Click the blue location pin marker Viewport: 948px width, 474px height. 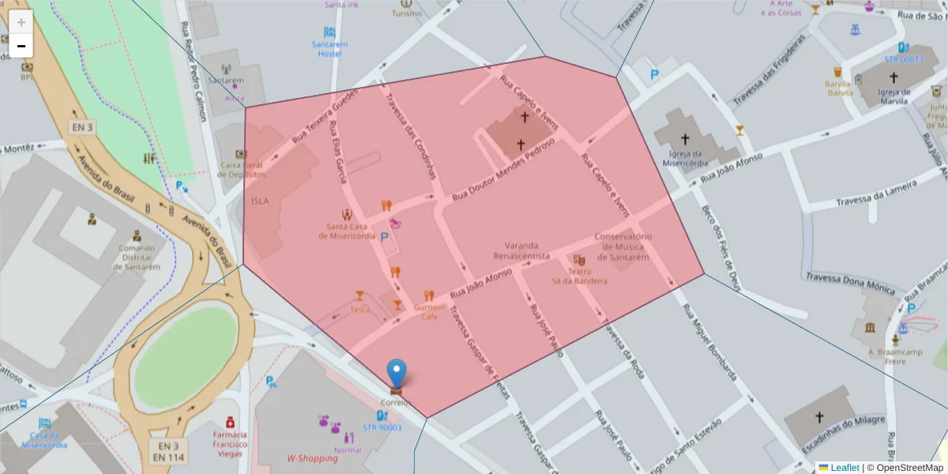point(396,374)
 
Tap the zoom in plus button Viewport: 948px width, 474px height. point(21,21)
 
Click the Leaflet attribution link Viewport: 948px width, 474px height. point(845,468)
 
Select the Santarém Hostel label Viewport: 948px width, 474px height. point(329,49)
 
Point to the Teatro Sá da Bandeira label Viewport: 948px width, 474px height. point(580,276)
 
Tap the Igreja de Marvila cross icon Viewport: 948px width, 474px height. point(893,77)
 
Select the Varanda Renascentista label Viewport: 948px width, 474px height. point(521,250)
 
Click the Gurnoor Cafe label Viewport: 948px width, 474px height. point(429,311)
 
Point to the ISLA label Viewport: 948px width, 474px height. point(260,201)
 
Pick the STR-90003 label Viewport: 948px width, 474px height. point(382,427)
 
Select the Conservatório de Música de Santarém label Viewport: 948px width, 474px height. point(623,246)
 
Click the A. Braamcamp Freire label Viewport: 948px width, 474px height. point(884,357)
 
